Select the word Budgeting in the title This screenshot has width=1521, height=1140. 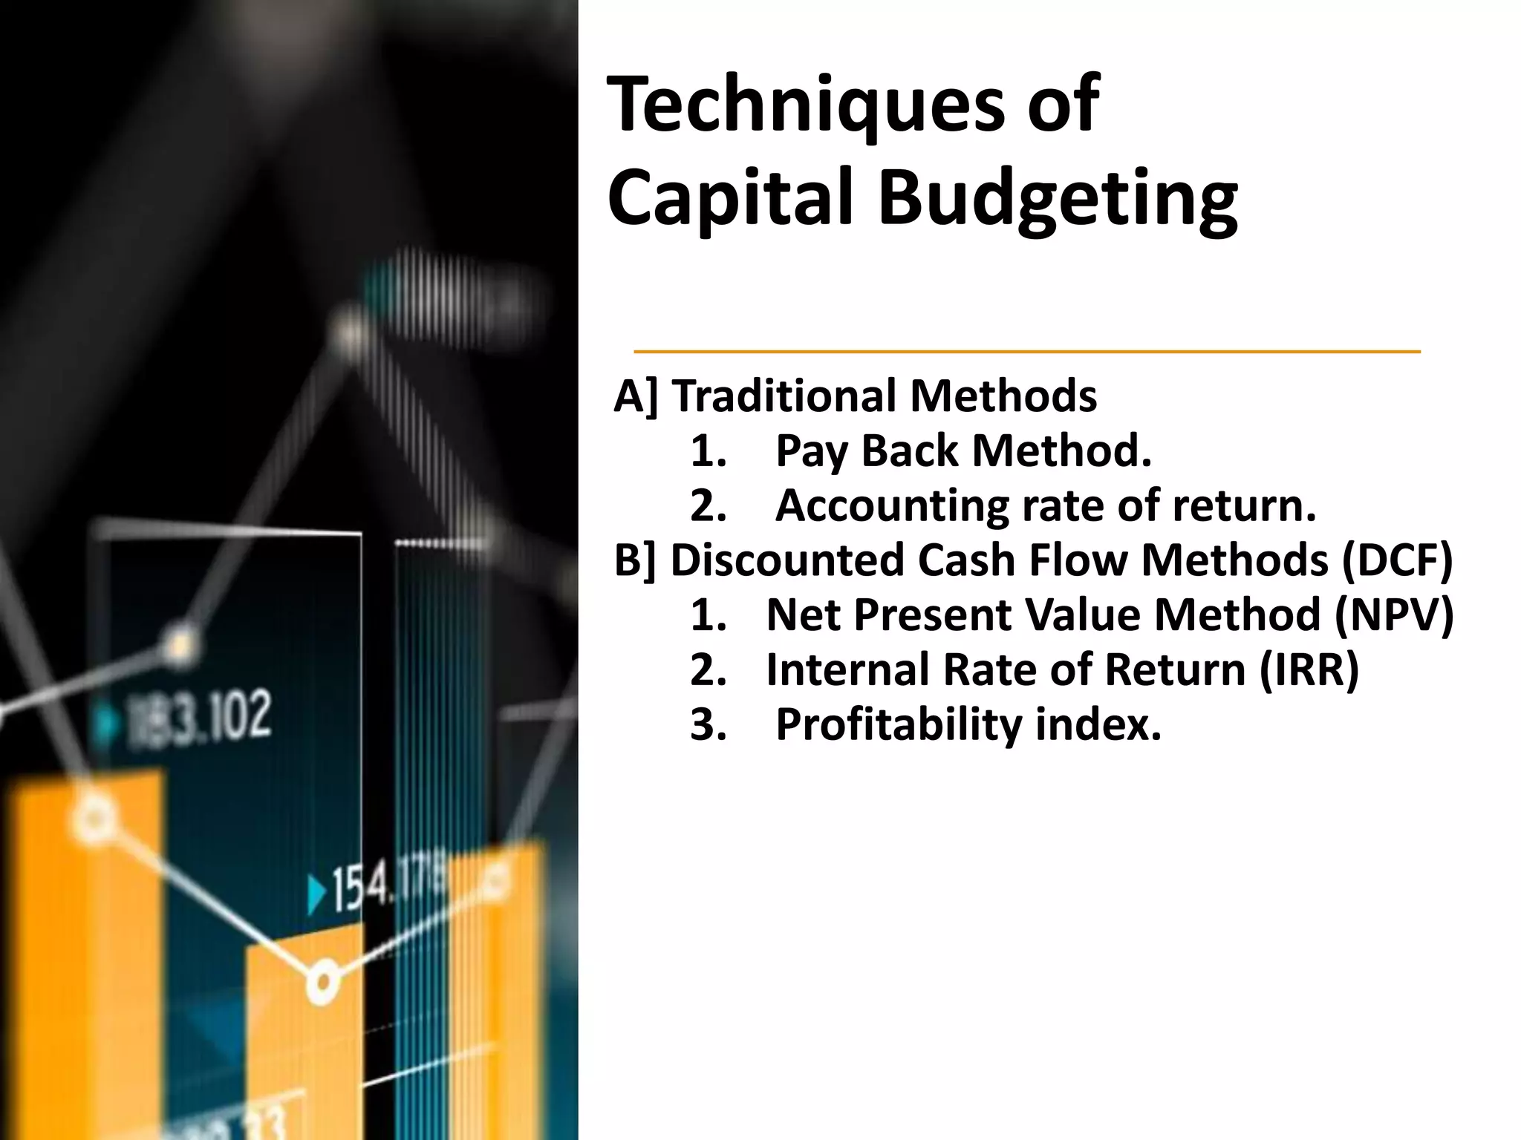[x=1058, y=199]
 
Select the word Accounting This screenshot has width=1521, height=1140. [x=892, y=505]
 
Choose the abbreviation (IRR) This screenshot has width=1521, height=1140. [x=1309, y=669]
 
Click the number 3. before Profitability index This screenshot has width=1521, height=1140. [x=708, y=724]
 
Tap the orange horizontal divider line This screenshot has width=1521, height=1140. [x=1026, y=351]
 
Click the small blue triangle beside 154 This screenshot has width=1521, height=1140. [x=318, y=894]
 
